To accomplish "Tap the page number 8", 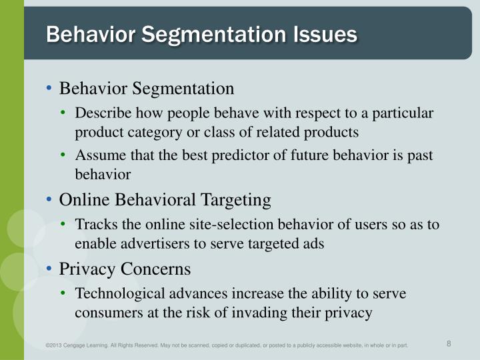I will pos(449,344).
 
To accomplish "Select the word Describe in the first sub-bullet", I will pos(101,114).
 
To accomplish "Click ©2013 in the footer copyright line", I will pos(54,345).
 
